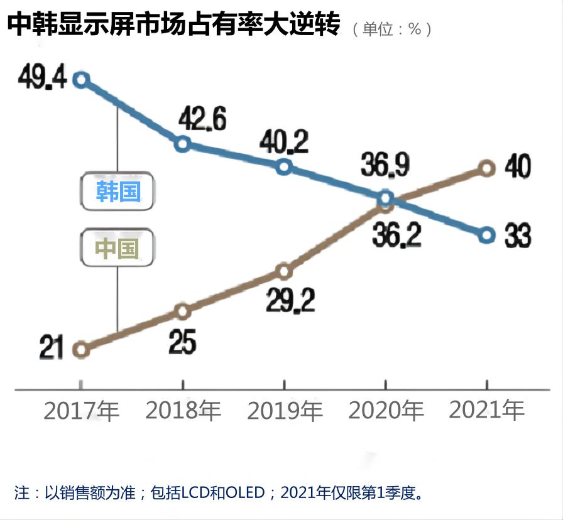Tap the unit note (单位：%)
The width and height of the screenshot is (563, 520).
[x=392, y=29]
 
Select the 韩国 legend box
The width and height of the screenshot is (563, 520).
[x=118, y=191]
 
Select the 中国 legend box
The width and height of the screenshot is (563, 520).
[x=118, y=248]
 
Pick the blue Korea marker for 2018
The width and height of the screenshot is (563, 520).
[x=182, y=144]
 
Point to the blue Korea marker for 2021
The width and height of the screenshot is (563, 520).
[x=486, y=236]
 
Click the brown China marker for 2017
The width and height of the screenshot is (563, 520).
[x=80, y=350]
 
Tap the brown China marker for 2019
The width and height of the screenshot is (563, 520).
[x=284, y=271]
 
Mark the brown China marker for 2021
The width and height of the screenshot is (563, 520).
[x=486, y=168]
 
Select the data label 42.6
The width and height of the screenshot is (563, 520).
[x=202, y=119]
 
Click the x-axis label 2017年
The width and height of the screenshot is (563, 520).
[x=81, y=411]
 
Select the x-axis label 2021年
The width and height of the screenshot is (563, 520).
[x=486, y=411]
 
